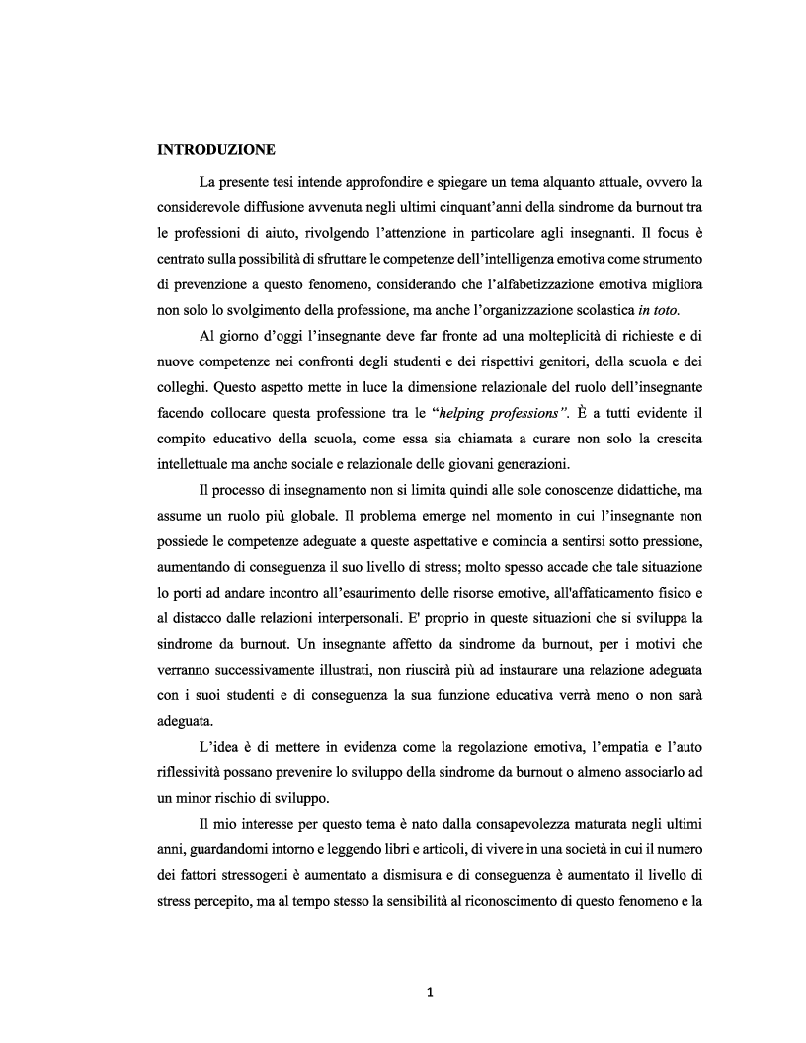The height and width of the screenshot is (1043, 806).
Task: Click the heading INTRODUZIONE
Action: (x=215, y=150)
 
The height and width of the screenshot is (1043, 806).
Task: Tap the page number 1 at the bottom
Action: (x=430, y=993)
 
